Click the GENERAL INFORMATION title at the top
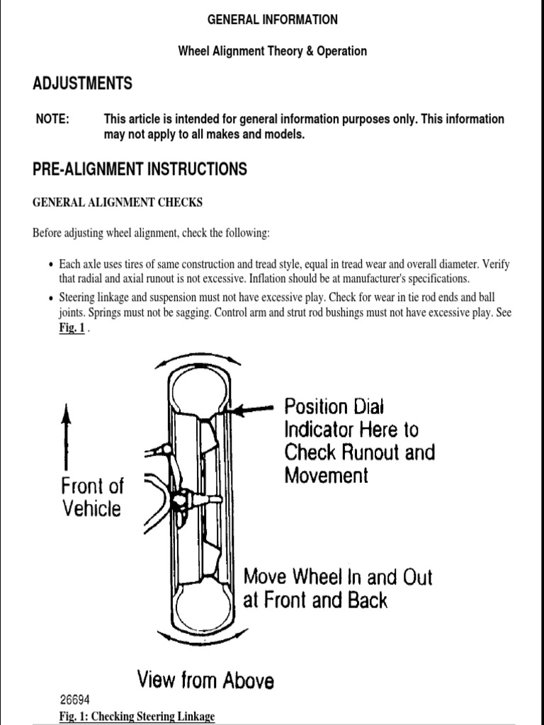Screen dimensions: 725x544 click(272, 20)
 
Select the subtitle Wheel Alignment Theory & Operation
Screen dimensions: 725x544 click(272, 51)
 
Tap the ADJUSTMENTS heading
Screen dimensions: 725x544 click(82, 84)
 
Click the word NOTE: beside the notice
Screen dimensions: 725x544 click(52, 119)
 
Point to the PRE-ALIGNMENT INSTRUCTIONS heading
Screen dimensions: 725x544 click(140, 169)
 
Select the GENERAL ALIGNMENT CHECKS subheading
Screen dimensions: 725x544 click(118, 202)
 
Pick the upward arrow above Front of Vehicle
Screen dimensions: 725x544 click(67, 435)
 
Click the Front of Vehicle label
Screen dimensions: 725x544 click(92, 497)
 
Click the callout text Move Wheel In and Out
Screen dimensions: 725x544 click(337, 576)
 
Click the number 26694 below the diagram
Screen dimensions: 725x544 click(75, 698)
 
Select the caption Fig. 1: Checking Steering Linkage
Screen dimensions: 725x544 click(137, 717)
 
